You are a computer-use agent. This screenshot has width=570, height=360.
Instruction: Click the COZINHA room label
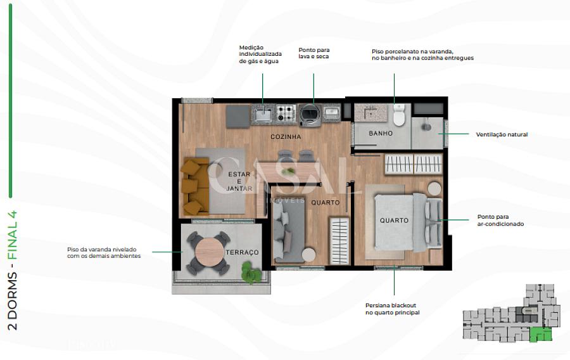point(286,137)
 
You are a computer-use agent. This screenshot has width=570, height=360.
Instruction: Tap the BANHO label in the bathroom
point(381,134)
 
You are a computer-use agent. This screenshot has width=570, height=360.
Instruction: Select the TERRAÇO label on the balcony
point(242,252)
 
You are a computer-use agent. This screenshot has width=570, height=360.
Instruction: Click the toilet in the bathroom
point(399,115)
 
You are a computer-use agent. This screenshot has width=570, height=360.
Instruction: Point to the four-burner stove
point(286,113)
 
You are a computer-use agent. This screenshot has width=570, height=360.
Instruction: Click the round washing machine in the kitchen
point(310,115)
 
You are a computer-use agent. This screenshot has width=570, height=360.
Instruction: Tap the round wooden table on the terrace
point(209,252)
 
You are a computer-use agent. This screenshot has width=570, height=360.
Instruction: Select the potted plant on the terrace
point(251,273)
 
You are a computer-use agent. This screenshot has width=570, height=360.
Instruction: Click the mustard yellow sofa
point(195,186)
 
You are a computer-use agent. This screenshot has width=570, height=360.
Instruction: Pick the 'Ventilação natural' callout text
point(502,134)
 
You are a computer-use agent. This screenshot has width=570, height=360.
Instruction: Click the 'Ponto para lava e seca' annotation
point(313,53)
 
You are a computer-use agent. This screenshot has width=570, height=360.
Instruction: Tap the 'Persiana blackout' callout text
point(392,309)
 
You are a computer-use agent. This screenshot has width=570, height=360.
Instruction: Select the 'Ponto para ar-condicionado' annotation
point(500,221)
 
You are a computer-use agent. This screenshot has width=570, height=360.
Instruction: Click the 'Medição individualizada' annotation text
point(260,54)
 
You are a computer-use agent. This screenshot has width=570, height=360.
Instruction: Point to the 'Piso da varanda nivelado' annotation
point(104,252)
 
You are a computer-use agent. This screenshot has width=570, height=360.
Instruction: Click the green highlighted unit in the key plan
point(540,334)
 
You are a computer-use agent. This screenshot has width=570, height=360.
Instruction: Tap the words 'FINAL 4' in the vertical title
point(13,235)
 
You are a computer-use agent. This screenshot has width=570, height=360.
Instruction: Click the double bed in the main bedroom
point(408,222)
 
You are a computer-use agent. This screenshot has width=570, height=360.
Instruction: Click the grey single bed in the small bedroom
point(289,231)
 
